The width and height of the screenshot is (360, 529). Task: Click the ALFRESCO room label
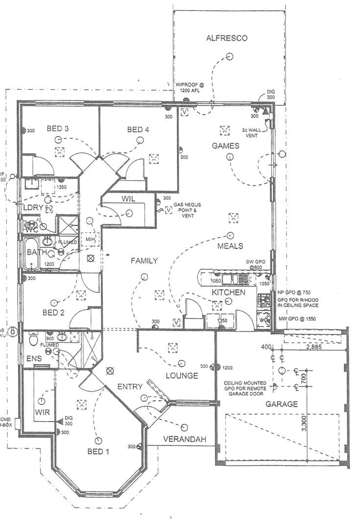(x=226, y=38)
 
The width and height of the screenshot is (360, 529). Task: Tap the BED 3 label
(x=57, y=129)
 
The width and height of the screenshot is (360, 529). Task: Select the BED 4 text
(x=138, y=129)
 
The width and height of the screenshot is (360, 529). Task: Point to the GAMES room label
(x=225, y=145)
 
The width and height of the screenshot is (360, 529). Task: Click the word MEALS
(x=230, y=246)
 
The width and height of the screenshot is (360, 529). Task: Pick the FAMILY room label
(x=144, y=261)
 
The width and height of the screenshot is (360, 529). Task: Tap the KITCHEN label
(x=228, y=292)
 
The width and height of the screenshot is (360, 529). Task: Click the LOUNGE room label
(x=182, y=376)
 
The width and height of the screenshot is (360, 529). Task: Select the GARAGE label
(x=282, y=404)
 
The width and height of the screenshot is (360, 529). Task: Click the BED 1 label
(x=98, y=452)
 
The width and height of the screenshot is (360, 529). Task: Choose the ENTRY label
(x=130, y=386)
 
